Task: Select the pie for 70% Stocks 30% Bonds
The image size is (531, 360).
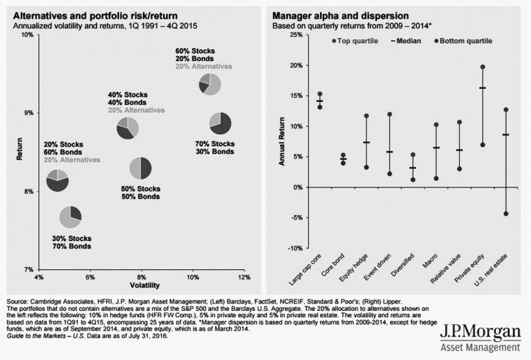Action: pos(220,122)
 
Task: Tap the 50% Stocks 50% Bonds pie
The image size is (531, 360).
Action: pos(140,168)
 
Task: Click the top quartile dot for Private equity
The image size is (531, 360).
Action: pos(483,67)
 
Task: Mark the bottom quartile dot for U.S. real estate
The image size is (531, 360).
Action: pos(505,214)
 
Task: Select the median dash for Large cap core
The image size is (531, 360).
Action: pos(320,101)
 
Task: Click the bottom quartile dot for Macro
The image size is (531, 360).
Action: pos(436,178)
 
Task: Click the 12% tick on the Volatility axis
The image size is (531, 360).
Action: pos(243,277)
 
